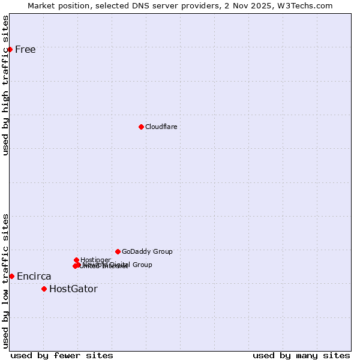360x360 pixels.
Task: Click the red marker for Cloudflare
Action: click(141, 127)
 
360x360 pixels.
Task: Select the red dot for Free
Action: click(10, 49)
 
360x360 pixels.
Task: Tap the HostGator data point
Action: click(44, 289)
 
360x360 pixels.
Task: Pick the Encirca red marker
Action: click(11, 276)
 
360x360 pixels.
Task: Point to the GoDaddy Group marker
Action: click(118, 251)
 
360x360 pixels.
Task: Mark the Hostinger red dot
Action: click(76, 260)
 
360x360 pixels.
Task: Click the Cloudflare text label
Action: click(161, 127)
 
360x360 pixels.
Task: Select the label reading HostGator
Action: click(73, 289)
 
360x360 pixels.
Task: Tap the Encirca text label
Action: click(34, 277)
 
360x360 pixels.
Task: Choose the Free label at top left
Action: click(25, 50)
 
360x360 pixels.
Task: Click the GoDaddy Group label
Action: click(147, 252)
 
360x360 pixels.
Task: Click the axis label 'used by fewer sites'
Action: click(62, 355)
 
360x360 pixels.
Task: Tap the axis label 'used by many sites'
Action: click(301, 355)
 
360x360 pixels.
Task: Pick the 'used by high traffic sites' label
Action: click(6, 85)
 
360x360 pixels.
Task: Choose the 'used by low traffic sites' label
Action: click(6, 281)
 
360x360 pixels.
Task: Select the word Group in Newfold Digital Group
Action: click(142, 265)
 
